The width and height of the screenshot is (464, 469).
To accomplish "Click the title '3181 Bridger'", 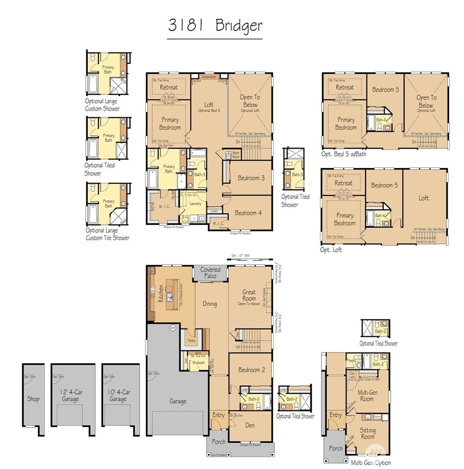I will pyautogui.click(x=215, y=25).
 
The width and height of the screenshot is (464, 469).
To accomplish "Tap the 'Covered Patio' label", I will pyautogui.click(x=210, y=273).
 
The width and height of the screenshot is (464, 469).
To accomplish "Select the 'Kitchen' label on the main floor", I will pyautogui.click(x=160, y=294).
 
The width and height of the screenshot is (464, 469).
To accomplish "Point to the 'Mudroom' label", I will pyautogui.click(x=198, y=363).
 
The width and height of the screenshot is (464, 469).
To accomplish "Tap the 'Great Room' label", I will pyautogui.click(x=249, y=295).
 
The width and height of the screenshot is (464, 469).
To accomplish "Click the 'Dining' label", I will pyautogui.click(x=209, y=304).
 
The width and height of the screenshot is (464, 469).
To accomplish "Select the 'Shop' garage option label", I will pyautogui.click(x=33, y=399).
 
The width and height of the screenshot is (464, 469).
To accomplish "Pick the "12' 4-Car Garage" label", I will pyautogui.click(x=70, y=396).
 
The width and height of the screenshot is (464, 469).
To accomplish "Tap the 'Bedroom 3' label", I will pyautogui.click(x=251, y=178).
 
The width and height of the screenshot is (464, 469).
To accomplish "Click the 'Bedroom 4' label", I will pyautogui.click(x=248, y=213).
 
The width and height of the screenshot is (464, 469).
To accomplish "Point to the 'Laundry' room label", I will pyautogui.click(x=195, y=204).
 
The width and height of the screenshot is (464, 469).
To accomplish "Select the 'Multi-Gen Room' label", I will pyautogui.click(x=367, y=396).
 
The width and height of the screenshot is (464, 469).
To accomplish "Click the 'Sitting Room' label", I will pyautogui.click(x=367, y=434).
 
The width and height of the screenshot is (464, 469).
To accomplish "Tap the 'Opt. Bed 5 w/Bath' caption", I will pyautogui.click(x=343, y=155).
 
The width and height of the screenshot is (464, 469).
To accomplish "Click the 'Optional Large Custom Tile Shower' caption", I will pyautogui.click(x=107, y=235).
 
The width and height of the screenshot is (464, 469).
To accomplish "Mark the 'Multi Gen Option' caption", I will pyautogui.click(x=371, y=463).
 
